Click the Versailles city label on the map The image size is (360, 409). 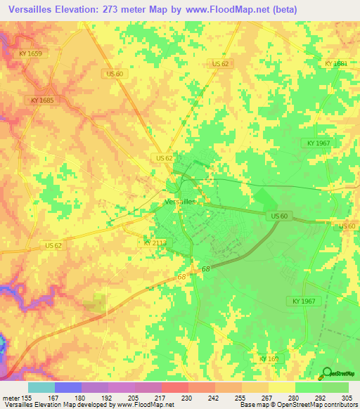179,201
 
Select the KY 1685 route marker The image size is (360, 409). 42,100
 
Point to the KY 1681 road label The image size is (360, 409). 336,64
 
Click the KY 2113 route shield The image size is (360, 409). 155,242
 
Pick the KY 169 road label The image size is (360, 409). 269,358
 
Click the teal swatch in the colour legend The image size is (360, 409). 41,387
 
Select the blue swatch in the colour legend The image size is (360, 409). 68,387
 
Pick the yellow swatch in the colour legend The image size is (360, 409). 282,387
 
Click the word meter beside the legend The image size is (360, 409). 11,397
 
